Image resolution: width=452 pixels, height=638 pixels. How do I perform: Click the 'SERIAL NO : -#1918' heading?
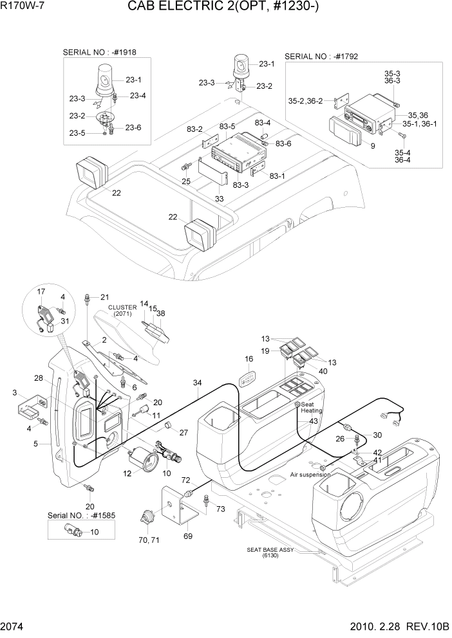[104, 52]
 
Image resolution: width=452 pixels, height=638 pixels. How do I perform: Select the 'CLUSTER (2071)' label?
[122, 311]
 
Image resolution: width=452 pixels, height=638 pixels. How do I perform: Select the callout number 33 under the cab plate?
[220, 199]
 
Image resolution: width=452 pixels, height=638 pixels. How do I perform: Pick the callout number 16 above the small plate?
[249, 359]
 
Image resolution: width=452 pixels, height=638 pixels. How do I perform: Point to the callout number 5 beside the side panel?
[35, 443]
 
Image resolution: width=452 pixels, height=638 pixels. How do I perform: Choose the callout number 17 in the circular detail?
[41, 291]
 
